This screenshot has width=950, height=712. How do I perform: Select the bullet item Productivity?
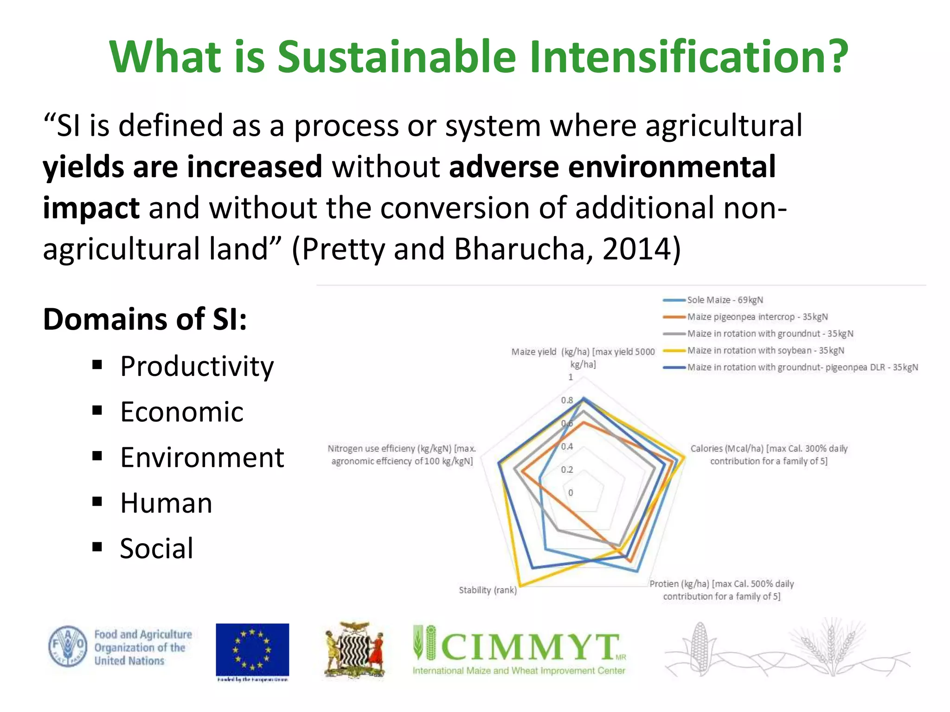197,366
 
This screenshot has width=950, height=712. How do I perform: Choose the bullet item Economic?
181,412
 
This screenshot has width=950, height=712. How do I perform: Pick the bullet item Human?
166,503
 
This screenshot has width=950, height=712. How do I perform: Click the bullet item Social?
156,548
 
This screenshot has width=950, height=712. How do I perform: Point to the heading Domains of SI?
145,319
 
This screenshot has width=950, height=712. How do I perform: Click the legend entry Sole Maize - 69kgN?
725,300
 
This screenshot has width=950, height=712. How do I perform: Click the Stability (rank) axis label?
488,590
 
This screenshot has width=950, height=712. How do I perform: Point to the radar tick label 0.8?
567,400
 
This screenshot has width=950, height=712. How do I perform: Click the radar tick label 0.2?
567,470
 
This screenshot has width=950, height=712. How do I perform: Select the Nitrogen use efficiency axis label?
402,455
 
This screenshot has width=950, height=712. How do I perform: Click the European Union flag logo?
252,650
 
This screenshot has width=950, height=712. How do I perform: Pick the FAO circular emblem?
68,646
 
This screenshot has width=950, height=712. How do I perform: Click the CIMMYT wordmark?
530,647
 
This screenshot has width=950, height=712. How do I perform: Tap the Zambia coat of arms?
354,650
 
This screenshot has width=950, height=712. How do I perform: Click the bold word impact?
91,208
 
